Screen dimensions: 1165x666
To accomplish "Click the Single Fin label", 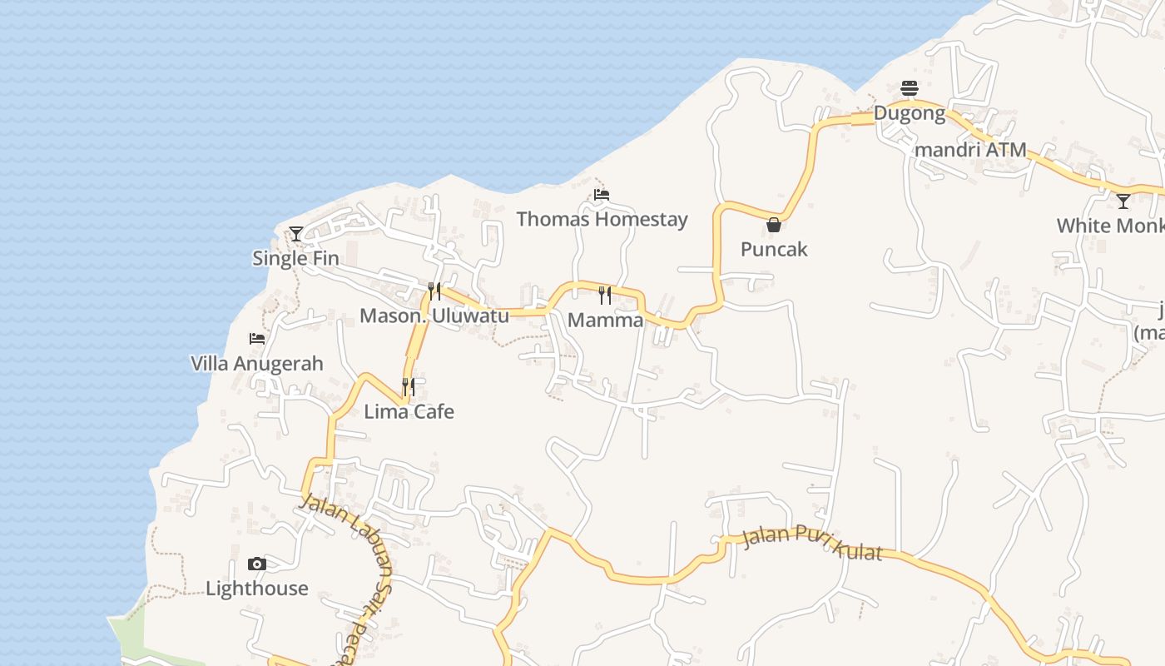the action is (x=295, y=258).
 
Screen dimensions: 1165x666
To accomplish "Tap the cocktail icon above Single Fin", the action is (x=296, y=233).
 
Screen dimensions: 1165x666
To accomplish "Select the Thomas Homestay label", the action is (x=602, y=219).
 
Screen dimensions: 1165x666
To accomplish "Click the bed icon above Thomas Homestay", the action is (x=602, y=195).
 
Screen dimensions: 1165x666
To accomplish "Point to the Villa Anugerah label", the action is (x=256, y=364).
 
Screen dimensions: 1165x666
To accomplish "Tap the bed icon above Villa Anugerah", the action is (x=257, y=339).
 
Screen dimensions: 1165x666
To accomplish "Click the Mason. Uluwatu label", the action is (x=434, y=316).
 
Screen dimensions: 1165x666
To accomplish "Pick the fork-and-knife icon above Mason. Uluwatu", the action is (x=434, y=291).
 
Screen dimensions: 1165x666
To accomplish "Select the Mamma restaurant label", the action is (x=605, y=320).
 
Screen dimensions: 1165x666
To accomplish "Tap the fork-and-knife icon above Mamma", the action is (x=605, y=295).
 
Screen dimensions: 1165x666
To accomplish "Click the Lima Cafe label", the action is (x=409, y=411).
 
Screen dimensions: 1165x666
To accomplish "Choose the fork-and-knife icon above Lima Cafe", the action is (x=409, y=386).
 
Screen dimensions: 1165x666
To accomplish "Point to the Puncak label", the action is (x=774, y=249).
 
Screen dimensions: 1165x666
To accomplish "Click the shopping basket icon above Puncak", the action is (x=774, y=225).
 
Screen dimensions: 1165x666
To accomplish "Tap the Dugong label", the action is (x=909, y=113).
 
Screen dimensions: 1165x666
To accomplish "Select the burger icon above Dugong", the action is (x=909, y=87).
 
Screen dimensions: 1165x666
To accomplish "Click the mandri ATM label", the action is (x=969, y=151).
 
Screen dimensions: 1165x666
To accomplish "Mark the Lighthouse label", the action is (x=256, y=589).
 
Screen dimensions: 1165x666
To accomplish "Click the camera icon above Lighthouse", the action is (x=257, y=564).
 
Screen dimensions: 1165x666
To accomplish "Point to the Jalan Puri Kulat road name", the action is (x=811, y=542).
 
